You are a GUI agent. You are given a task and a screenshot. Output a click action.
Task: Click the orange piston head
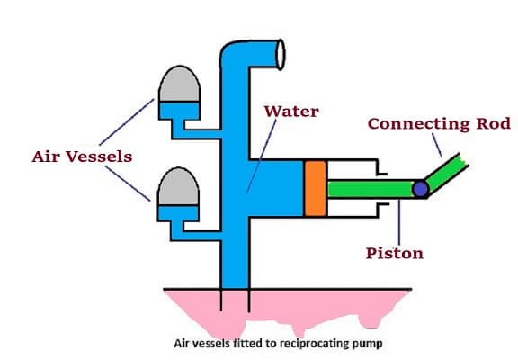(316, 188)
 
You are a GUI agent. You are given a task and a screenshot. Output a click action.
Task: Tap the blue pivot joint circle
(420, 189)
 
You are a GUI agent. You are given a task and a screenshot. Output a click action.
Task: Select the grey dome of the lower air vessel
(178, 187)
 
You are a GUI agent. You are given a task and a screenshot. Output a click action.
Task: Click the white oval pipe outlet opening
(281, 55)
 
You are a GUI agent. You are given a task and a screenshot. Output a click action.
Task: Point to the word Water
(291, 112)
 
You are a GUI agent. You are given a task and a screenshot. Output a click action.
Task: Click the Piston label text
(395, 254)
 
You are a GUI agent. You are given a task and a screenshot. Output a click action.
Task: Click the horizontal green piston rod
(370, 189)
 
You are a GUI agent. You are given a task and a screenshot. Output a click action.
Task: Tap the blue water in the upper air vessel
(179, 111)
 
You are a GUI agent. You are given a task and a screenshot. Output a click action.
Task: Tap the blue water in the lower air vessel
(178, 213)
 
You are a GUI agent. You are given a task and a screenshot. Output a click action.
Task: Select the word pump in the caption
(370, 344)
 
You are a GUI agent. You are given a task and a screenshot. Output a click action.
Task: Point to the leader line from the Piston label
(399, 222)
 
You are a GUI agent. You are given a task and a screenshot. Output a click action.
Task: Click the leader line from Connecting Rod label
(437, 145)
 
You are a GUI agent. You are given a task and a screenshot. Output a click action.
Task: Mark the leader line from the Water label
(262, 156)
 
